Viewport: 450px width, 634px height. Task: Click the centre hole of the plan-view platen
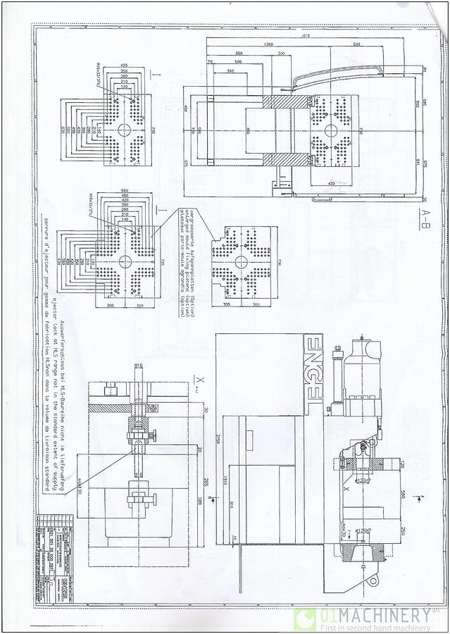(x=329, y=131)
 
